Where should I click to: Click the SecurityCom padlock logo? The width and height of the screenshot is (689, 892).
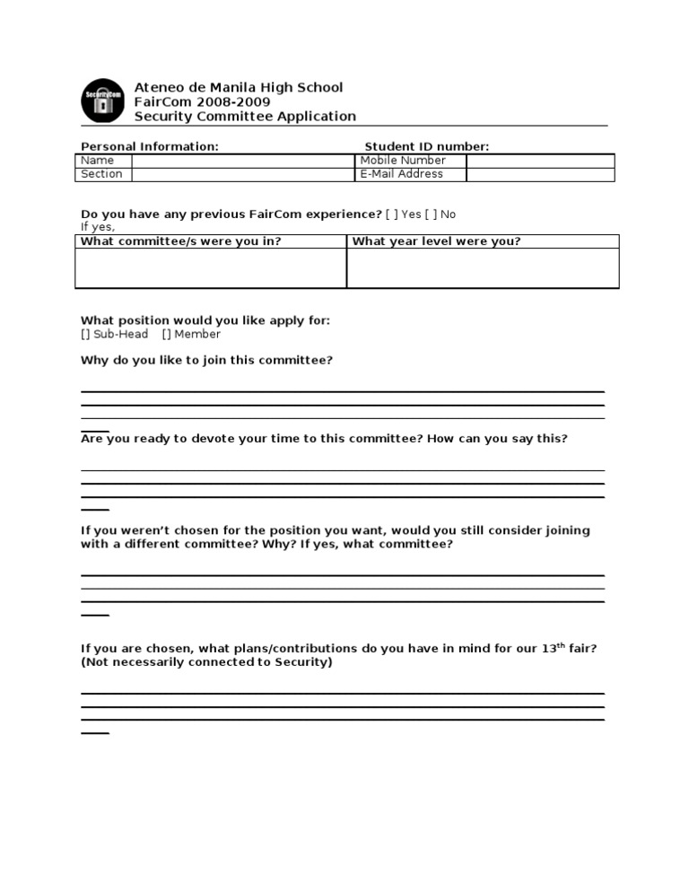tap(103, 100)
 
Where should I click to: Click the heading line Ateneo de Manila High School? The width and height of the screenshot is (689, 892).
tap(238, 87)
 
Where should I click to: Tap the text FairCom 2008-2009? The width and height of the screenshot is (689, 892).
tap(188, 101)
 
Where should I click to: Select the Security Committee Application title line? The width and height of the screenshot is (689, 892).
tap(244, 116)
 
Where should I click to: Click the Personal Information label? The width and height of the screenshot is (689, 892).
tap(149, 146)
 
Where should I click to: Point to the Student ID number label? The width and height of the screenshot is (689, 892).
tap(426, 146)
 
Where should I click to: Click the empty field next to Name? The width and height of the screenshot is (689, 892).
tap(242, 161)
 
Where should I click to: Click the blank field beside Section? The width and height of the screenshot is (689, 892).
tap(242, 174)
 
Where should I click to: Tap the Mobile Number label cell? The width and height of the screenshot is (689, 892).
tap(403, 161)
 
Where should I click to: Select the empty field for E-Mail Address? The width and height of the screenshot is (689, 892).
tap(540, 174)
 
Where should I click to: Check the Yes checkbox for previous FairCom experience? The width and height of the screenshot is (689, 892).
tap(392, 214)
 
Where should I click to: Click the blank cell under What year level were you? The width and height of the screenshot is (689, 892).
tap(483, 268)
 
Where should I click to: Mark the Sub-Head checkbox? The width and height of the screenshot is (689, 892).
tap(85, 334)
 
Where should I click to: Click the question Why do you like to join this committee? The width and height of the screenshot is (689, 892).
tap(206, 360)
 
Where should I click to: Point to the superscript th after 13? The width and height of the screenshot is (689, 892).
tap(563, 644)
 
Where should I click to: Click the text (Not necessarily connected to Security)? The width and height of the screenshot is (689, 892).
tap(206, 662)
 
